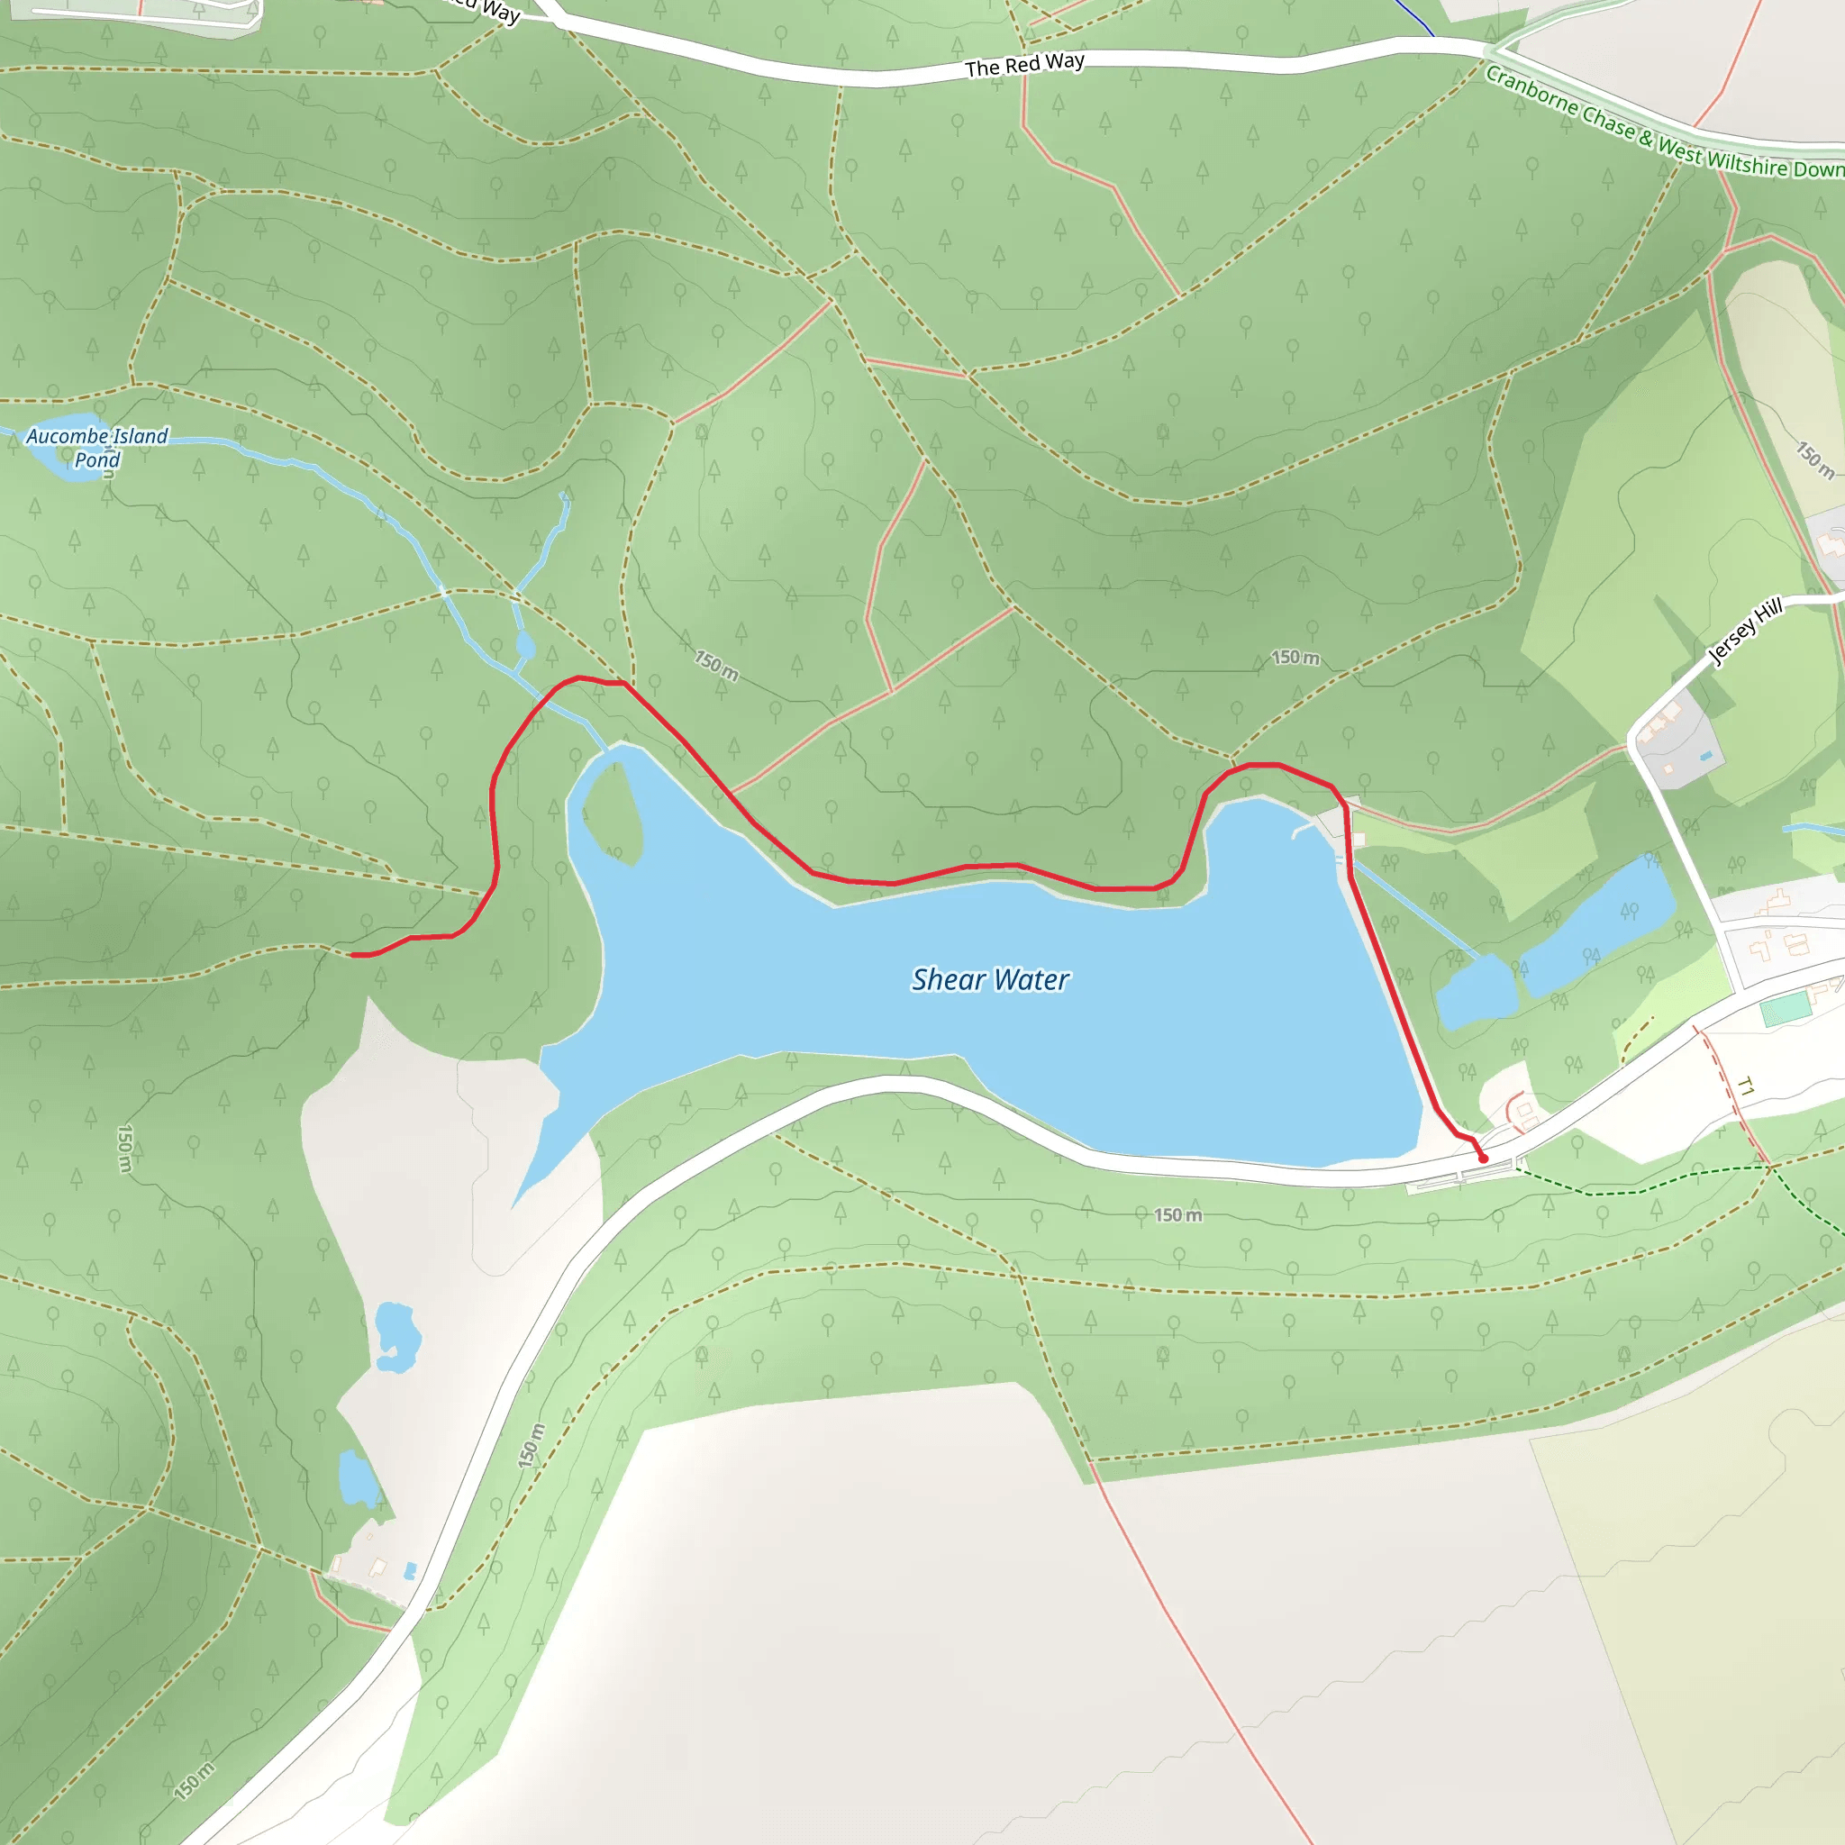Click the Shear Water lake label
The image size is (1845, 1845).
990,980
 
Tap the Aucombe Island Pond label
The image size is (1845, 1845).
96,447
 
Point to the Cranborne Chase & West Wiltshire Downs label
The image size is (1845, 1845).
1661,125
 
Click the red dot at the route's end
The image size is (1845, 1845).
1483,1159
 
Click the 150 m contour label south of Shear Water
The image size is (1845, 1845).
1177,1214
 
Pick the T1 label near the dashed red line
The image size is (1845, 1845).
1746,1086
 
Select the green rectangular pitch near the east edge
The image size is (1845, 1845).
1786,1008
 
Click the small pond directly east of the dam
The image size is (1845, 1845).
1476,993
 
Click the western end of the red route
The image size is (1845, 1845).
353,954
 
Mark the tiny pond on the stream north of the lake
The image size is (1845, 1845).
524,647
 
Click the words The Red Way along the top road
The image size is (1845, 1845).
1024,65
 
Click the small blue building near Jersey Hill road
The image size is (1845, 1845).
1705,757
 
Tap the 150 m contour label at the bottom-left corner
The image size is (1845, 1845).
194,1781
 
